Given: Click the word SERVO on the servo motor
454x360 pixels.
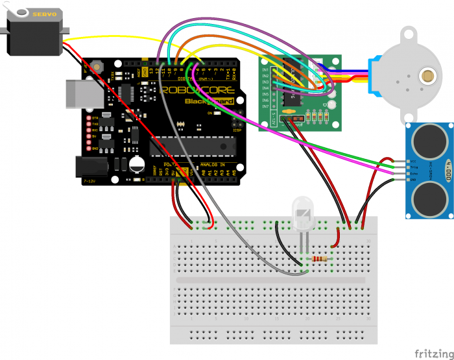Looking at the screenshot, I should coord(28,14).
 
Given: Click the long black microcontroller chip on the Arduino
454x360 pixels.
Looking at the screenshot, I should coord(191,147).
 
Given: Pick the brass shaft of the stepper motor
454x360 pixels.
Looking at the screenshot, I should coord(427,75).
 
